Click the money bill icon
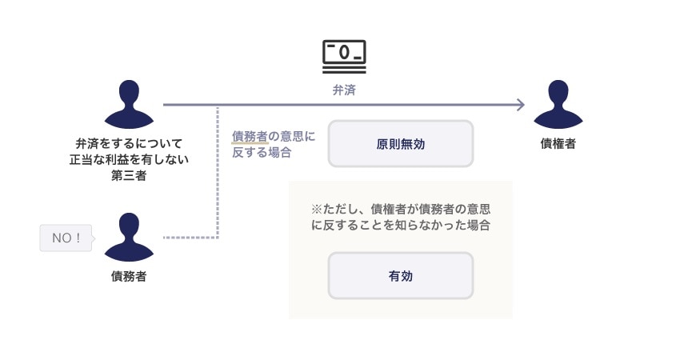click(344, 53)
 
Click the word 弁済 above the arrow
click(344, 90)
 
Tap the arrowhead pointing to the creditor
click(520, 105)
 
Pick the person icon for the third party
click(130, 104)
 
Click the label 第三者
click(129, 176)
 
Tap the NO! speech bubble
click(66, 238)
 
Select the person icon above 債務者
click(130, 237)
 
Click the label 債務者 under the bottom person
click(129, 277)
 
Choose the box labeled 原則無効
click(400, 144)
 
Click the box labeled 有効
click(400, 276)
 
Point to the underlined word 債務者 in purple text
click(250, 136)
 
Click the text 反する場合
click(261, 152)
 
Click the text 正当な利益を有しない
click(129, 160)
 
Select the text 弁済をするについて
click(129, 144)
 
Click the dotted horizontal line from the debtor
click(190, 238)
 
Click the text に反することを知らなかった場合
click(400, 226)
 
